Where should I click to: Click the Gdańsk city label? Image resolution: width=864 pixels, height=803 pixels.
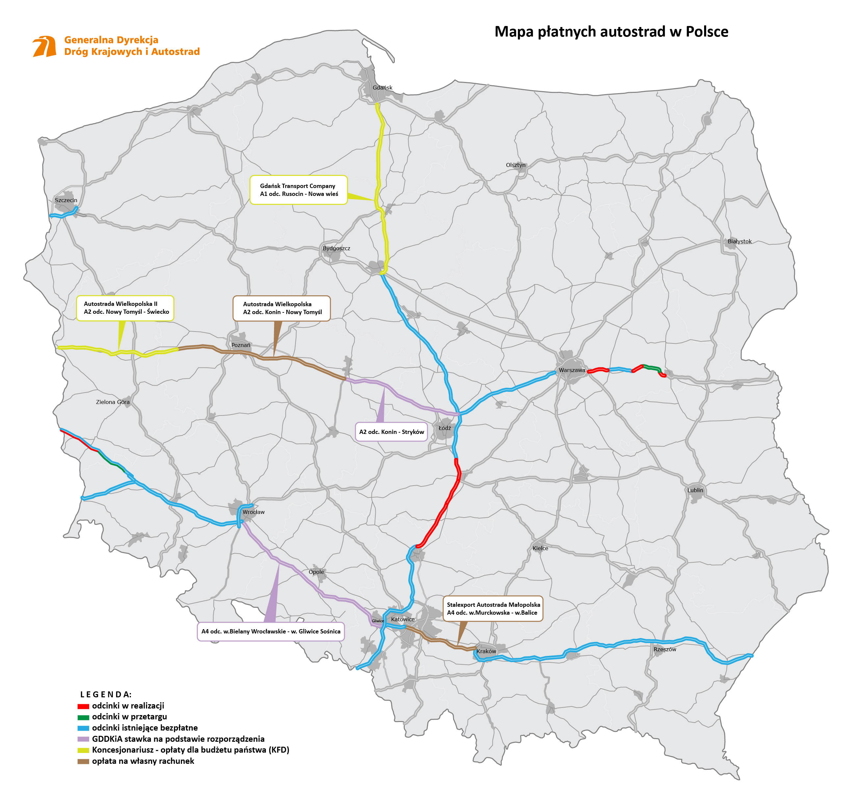pyautogui.click(x=382, y=88)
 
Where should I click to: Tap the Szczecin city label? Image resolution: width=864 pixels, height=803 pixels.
pyautogui.click(x=66, y=200)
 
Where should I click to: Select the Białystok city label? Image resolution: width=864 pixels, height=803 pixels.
pyautogui.click(x=739, y=242)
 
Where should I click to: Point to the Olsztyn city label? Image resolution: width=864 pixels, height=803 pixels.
pyautogui.click(x=515, y=165)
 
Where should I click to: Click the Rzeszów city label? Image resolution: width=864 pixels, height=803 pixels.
pyautogui.click(x=664, y=650)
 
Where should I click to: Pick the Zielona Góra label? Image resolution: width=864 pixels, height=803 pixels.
pyautogui.click(x=113, y=402)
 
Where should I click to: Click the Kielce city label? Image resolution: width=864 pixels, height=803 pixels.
pyautogui.click(x=540, y=549)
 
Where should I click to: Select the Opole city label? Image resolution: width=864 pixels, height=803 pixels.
pyautogui.click(x=316, y=572)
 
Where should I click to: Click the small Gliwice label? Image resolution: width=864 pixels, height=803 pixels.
pyautogui.click(x=378, y=621)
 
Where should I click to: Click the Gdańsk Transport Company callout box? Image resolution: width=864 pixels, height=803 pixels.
pyautogui.click(x=298, y=190)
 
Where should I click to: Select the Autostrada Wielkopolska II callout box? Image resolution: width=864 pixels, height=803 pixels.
pyautogui.click(x=125, y=308)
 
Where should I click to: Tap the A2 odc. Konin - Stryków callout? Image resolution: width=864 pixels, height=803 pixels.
pyautogui.click(x=391, y=432)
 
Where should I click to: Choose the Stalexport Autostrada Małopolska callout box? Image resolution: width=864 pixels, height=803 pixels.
pyautogui.click(x=493, y=609)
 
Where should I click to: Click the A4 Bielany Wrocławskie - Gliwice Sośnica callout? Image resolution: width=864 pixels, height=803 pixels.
pyautogui.click(x=270, y=631)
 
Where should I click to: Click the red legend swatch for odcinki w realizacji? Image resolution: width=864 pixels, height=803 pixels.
pyautogui.click(x=83, y=707)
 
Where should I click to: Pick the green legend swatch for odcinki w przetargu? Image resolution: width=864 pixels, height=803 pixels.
pyautogui.click(x=83, y=717)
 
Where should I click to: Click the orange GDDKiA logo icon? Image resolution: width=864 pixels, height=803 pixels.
pyautogui.click(x=45, y=46)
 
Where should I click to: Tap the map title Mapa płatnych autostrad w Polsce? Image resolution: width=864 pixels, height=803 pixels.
pyautogui.click(x=611, y=32)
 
